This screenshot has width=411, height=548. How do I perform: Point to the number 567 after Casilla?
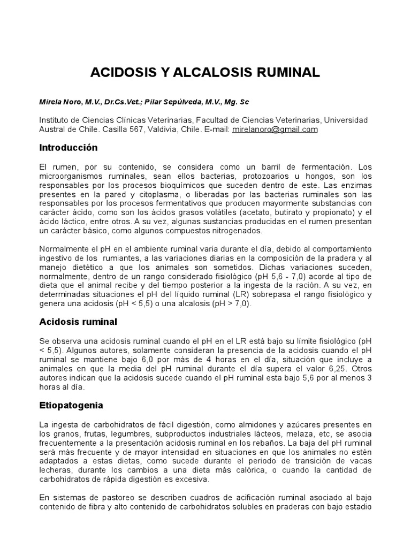tap(147, 130)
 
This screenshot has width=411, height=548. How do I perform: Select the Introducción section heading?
tap(69, 147)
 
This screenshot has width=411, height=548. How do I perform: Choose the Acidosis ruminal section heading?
tap(78, 322)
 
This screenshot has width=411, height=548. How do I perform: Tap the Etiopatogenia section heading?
tap(71, 406)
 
